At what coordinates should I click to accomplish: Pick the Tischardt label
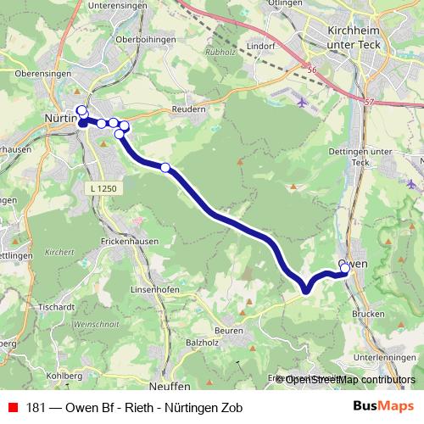(55, 307)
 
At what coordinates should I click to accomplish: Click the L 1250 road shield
(106, 187)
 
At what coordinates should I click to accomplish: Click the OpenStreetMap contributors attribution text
(350, 380)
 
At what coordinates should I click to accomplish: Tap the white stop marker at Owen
(345, 269)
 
